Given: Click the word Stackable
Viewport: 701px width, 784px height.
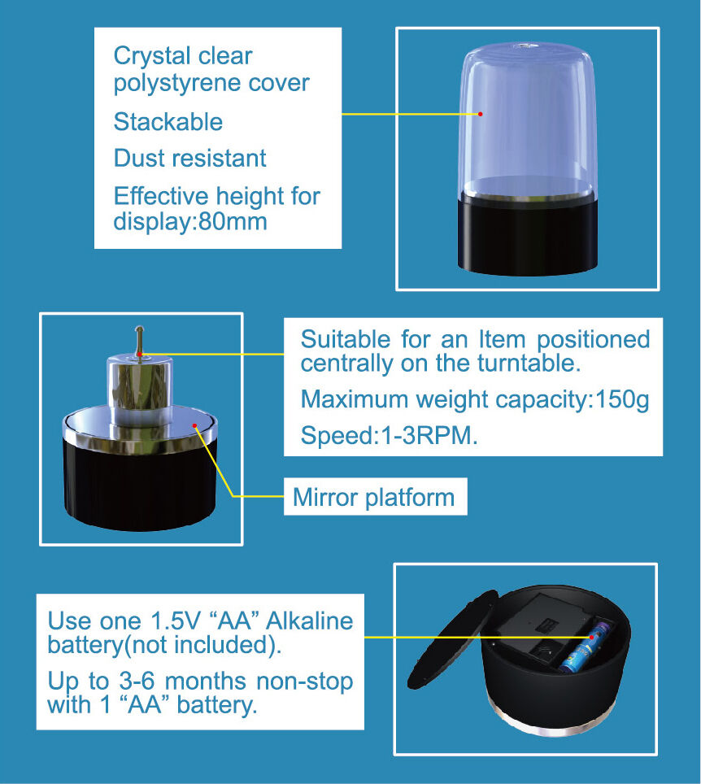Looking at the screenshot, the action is coord(168,121).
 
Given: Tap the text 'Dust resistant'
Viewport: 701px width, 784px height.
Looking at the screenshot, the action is coord(190,158).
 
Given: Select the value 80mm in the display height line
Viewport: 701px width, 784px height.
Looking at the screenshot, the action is coord(233,221).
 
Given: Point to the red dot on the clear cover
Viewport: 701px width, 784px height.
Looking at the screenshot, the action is coord(480,114).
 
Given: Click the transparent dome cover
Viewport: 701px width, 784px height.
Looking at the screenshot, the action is coord(528,120).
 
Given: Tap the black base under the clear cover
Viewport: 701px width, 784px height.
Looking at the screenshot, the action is coord(528,235).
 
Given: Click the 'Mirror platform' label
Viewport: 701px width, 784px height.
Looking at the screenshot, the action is coord(373,497).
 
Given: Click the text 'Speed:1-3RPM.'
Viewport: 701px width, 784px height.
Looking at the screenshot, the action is coord(389,435).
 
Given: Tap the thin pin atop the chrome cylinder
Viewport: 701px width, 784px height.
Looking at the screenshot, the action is coord(140,340).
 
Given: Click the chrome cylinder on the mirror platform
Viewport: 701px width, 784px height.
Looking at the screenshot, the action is coord(140,390).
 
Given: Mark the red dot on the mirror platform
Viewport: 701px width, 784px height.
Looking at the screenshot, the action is coord(194,425).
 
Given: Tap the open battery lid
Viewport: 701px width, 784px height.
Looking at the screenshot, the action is coord(452,640).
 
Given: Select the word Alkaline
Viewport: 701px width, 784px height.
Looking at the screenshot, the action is coord(310,621).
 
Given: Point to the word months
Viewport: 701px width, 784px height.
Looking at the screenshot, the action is coord(206,682).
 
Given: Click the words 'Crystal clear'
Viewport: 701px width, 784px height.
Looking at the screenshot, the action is coord(183,56).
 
